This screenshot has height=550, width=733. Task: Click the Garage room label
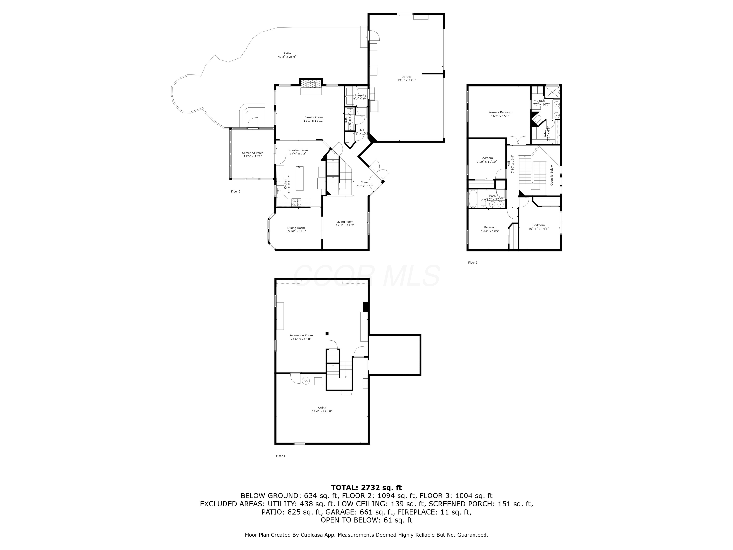click(x=406, y=77)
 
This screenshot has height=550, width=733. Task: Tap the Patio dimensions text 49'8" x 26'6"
click(x=287, y=57)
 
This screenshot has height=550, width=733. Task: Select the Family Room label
click(x=313, y=117)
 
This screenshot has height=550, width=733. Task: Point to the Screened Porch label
click(x=252, y=153)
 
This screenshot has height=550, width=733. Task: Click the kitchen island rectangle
click(x=300, y=179)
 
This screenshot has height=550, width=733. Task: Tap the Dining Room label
click(x=296, y=228)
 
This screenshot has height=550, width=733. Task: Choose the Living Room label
click(x=345, y=222)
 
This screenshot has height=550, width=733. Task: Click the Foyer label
click(x=365, y=182)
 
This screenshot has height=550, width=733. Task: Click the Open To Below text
click(x=552, y=175)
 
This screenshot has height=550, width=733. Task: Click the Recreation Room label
click(x=301, y=335)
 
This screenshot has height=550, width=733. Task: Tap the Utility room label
click(x=322, y=408)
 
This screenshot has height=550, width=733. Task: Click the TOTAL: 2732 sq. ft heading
click(x=366, y=488)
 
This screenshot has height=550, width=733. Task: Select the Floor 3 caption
click(x=473, y=263)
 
